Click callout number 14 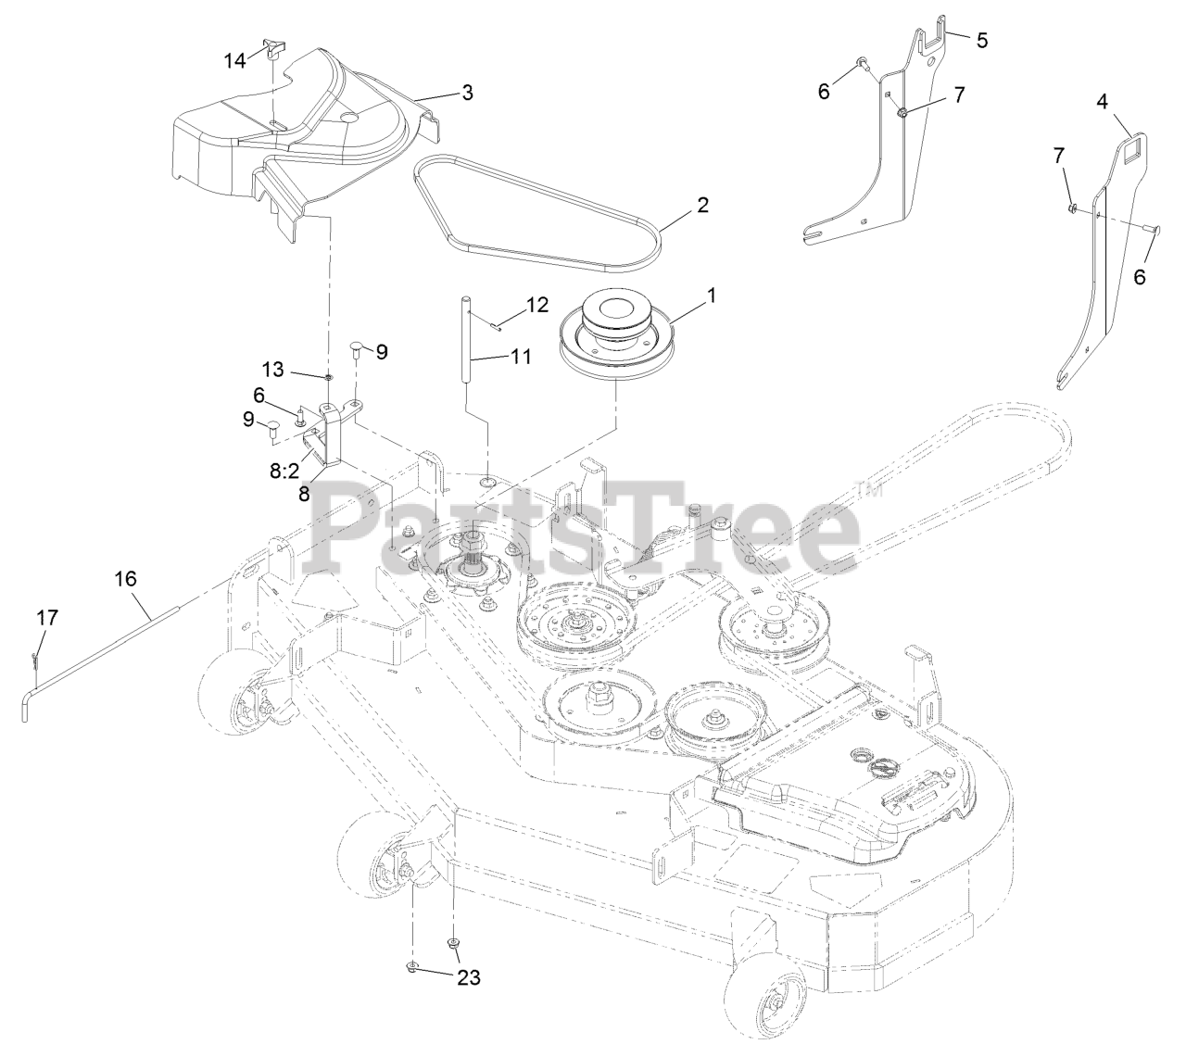pyautogui.click(x=235, y=60)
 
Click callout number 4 pyautogui.click(x=1103, y=103)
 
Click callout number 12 pyautogui.click(x=536, y=305)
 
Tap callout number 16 pyautogui.click(x=125, y=579)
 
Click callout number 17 pyautogui.click(x=46, y=617)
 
